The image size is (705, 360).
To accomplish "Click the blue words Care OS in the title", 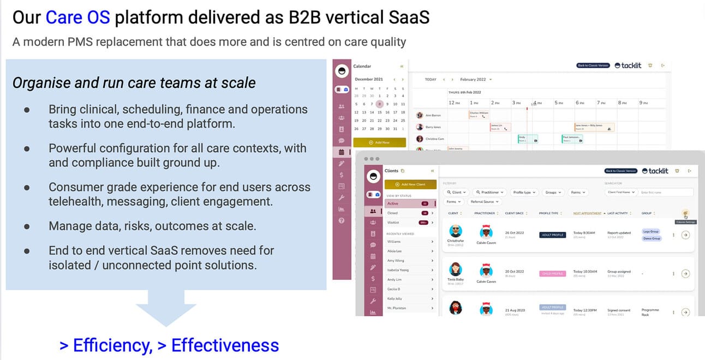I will (x=77, y=17).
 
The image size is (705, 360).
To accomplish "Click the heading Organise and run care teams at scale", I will (x=134, y=83).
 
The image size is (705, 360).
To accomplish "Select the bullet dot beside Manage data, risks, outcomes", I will (x=27, y=226).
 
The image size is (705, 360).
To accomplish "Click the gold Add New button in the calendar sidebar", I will (x=379, y=142).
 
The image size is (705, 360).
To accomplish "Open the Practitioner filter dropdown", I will (x=489, y=192).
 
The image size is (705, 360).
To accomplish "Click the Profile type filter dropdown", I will (x=524, y=192).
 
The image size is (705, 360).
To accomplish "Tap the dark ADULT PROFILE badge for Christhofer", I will (x=552, y=235).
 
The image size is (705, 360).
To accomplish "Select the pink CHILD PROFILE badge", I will (x=552, y=274).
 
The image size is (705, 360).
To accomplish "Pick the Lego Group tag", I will (x=651, y=232).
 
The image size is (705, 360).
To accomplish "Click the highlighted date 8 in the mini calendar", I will (x=380, y=104).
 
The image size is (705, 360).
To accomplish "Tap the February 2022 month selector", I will (x=475, y=80).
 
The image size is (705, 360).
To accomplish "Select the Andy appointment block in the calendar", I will (x=528, y=139).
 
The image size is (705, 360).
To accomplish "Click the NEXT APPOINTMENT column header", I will (x=587, y=213).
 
